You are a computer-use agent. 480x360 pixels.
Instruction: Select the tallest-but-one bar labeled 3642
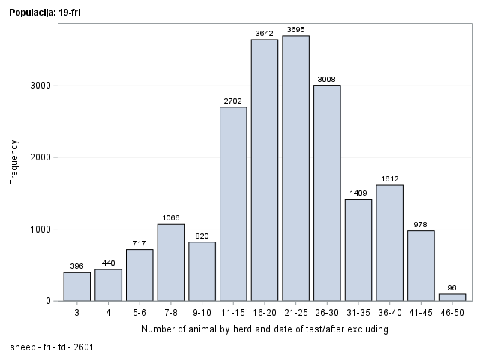click(x=265, y=170)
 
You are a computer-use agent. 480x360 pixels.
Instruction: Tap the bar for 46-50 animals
click(x=452, y=297)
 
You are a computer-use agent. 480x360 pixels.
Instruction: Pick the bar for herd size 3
click(x=77, y=286)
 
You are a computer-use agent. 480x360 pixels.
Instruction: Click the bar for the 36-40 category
click(x=389, y=243)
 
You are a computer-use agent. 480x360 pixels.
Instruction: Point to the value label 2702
click(x=233, y=100)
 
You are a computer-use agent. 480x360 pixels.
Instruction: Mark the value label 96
click(x=452, y=287)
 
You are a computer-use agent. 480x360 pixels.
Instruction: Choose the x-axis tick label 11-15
click(x=233, y=312)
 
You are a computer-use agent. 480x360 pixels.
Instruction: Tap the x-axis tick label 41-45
click(x=421, y=312)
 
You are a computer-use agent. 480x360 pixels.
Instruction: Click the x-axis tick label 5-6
click(x=139, y=312)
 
